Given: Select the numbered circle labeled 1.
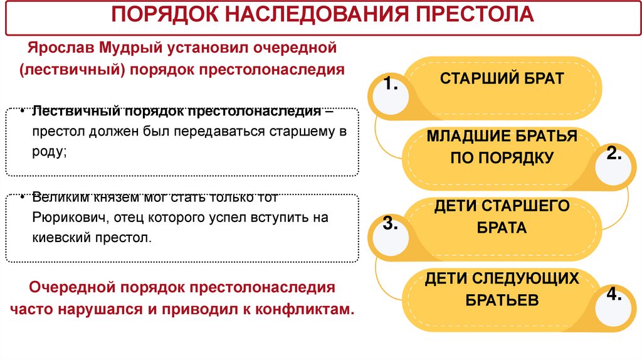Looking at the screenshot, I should [391, 92].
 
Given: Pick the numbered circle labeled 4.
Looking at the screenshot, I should [613, 302].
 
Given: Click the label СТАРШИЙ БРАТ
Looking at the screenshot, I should [502, 78].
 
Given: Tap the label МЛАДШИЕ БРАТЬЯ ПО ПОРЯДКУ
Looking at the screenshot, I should [502, 147].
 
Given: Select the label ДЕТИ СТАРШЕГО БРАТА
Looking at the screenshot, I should [502, 216].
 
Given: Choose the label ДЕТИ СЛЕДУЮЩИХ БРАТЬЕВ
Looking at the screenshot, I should [502, 289].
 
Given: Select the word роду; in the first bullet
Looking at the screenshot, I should [49, 152].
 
